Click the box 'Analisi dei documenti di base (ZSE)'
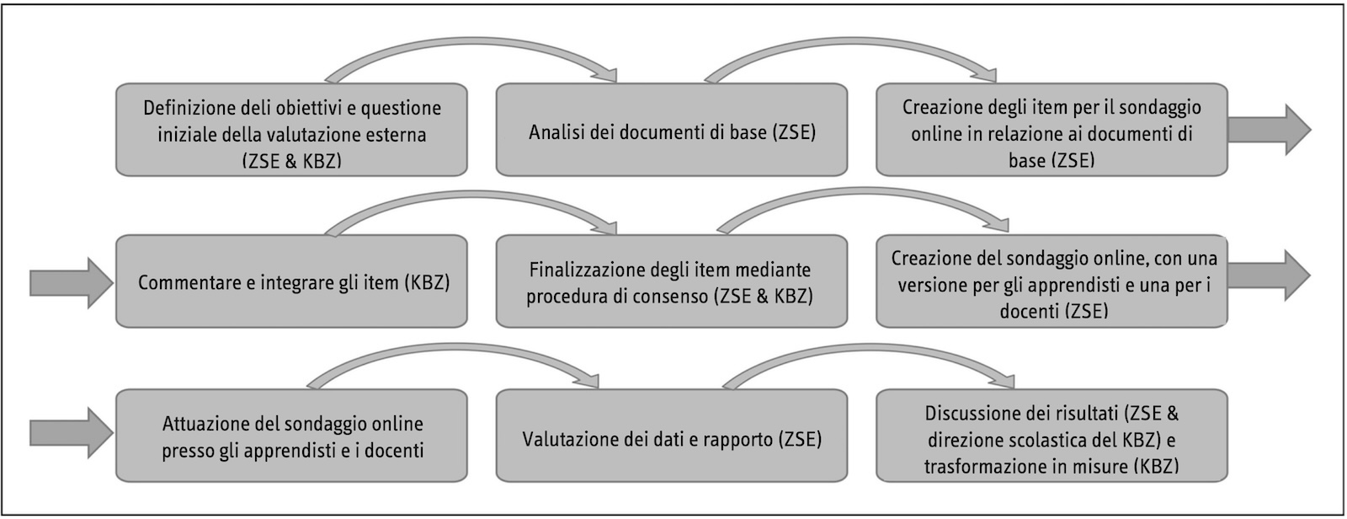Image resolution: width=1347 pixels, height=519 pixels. click(x=672, y=130)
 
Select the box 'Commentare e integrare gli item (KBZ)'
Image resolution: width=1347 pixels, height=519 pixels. click(x=291, y=281)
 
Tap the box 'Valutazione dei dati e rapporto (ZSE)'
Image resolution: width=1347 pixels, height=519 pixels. click(x=672, y=436)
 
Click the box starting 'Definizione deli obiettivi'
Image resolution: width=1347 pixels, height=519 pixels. click(x=291, y=130)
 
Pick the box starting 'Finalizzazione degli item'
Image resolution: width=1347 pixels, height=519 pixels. click(x=672, y=281)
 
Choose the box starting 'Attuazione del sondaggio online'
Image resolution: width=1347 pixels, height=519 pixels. click(x=291, y=436)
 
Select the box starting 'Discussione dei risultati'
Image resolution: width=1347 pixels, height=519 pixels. click(x=1052, y=436)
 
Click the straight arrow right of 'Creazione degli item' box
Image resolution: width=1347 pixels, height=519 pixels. click(x=1269, y=130)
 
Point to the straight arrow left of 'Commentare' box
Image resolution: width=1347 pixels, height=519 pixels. click(x=72, y=283)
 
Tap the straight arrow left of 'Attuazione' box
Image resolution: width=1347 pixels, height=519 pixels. click(x=72, y=433)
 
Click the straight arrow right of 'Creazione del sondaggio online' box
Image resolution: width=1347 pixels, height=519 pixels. click(x=1269, y=276)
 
